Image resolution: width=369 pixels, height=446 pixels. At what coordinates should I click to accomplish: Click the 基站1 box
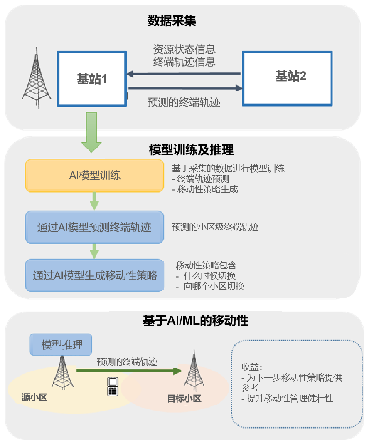(x=91, y=78)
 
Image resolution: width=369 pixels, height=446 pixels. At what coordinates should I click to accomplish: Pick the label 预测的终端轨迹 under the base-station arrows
(x=184, y=102)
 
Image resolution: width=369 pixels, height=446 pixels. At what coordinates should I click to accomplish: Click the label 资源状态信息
(x=184, y=50)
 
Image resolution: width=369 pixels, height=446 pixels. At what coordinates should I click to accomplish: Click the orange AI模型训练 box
(x=94, y=176)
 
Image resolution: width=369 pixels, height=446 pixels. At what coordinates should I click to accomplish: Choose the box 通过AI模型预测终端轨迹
(x=94, y=228)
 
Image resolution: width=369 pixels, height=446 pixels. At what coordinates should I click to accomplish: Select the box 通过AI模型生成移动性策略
(x=95, y=275)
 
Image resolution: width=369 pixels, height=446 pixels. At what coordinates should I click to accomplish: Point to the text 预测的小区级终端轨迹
(x=215, y=228)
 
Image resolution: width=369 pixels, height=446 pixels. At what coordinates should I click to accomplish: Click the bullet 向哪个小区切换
(x=212, y=287)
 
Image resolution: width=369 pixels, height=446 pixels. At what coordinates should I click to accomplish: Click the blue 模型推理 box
(x=61, y=345)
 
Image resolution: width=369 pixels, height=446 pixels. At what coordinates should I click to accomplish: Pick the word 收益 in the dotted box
(x=250, y=367)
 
